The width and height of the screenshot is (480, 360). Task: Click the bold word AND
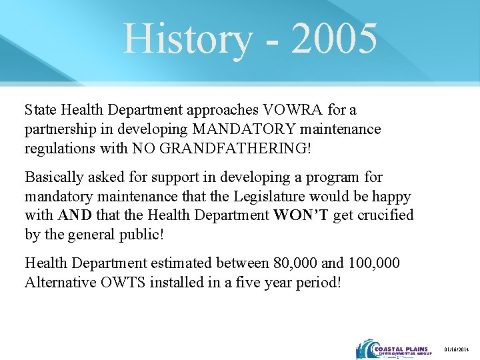pos(75,215)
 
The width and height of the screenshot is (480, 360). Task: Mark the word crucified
pos(385,215)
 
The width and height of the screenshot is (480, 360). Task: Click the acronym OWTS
pos(121,282)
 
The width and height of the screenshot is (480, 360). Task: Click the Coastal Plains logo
pos(394,349)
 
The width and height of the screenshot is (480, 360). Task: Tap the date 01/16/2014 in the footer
pos(457,349)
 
